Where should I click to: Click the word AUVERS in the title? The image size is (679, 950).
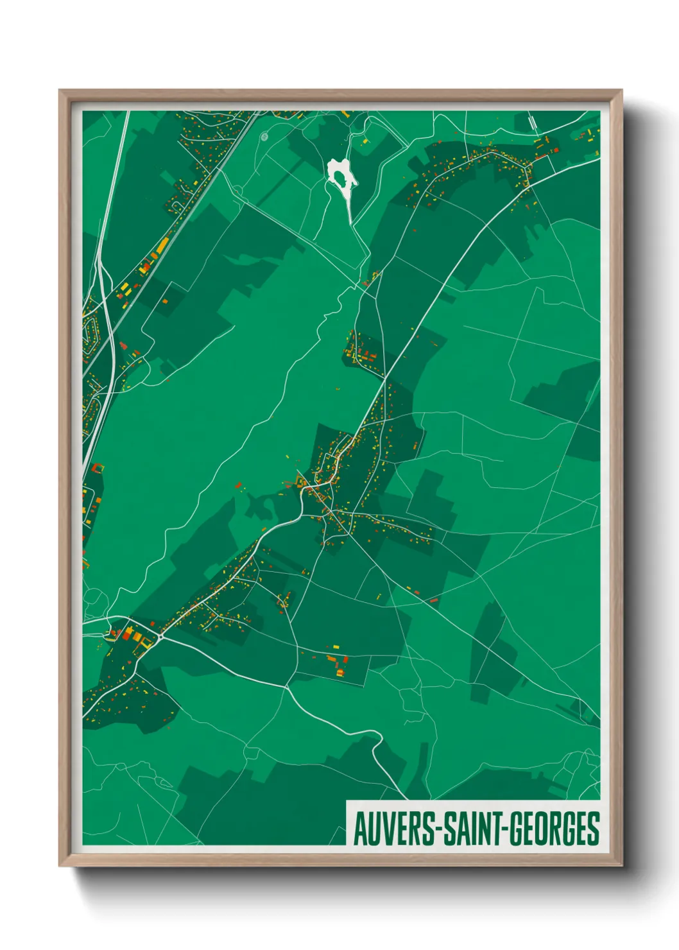click(x=393, y=829)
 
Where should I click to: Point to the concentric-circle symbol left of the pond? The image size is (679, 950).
click(x=264, y=137)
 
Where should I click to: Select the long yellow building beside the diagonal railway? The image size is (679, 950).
click(x=162, y=246)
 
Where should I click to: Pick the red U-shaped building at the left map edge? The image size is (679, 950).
click(x=97, y=468)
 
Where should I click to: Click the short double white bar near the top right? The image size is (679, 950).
click(x=532, y=121)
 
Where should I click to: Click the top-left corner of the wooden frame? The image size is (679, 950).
click(x=60, y=91)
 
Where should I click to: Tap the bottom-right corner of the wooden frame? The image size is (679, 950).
click(x=621, y=865)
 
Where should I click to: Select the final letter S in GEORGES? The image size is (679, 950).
click(x=594, y=829)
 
